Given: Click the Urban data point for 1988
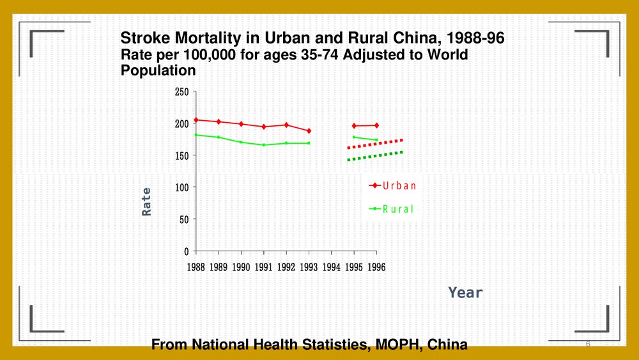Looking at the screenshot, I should tap(196, 120).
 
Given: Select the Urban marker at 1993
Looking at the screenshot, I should tap(309, 130).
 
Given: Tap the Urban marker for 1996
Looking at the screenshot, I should tap(376, 125).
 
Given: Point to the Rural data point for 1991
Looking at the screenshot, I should tap(263, 145).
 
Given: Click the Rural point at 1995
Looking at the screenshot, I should tap(354, 137).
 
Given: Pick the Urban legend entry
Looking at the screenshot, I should tap(392, 186).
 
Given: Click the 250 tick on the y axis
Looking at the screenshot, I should tap(181, 92).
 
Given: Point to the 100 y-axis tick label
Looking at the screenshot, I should tap(181, 187).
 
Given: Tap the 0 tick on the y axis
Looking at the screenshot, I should tap(185, 251).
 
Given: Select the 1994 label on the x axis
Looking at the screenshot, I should tap(331, 267).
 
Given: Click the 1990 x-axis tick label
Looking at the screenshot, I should tap(241, 267).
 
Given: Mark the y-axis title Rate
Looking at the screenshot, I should tap(147, 201).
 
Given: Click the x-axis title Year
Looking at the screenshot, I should tap(465, 293).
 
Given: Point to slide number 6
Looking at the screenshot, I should tap(587, 345).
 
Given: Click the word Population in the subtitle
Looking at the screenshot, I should tap(158, 70).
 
